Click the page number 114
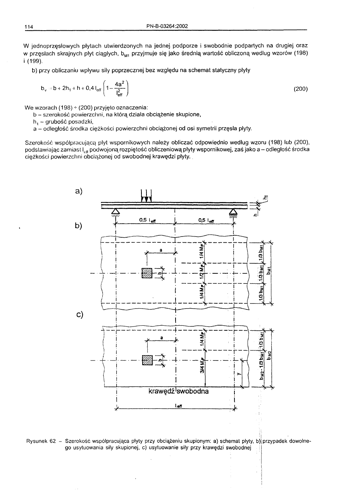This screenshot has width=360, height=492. (x=28, y=27)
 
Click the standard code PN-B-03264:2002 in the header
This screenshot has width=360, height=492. (x=167, y=26)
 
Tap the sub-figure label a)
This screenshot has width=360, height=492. (x=79, y=191)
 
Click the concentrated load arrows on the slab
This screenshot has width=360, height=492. (x=146, y=195)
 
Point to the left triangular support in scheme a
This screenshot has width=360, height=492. (x=115, y=211)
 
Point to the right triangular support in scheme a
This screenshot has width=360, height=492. (x=233, y=211)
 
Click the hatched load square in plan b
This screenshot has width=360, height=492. (x=147, y=273)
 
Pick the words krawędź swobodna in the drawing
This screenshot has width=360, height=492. (x=178, y=391)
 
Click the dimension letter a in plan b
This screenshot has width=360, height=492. (x=161, y=250)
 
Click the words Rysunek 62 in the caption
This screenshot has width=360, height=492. (x=40, y=441)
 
